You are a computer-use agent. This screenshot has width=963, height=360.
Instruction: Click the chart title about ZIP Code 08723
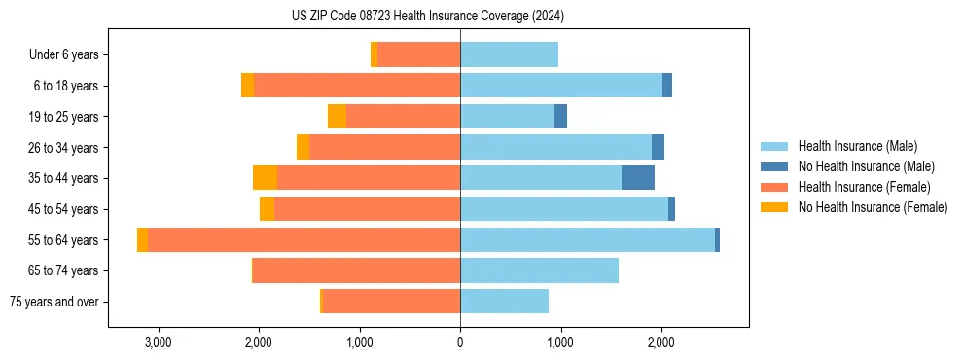click(427, 17)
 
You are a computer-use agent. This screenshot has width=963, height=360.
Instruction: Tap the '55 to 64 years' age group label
click(62, 240)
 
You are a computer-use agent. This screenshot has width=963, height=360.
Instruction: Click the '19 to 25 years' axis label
click(62, 117)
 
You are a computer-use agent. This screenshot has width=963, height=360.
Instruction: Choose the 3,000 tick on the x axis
click(158, 342)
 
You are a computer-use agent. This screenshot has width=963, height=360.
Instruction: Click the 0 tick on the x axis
click(460, 342)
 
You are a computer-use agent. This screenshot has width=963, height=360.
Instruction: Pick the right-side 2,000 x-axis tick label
click(661, 342)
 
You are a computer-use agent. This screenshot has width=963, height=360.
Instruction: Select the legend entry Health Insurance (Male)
click(857, 146)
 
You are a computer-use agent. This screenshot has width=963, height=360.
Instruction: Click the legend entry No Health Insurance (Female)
click(873, 207)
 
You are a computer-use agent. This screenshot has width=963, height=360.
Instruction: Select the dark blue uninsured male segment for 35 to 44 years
click(638, 178)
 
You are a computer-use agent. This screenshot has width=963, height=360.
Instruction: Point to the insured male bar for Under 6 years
click(509, 55)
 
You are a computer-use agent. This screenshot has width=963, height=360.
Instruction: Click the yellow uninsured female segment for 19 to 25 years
click(337, 117)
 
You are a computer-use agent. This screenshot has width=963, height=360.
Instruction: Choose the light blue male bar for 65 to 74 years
click(539, 270)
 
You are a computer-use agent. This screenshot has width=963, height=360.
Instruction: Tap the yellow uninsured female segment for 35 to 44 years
click(265, 178)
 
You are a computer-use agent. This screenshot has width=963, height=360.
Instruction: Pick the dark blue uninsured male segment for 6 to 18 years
click(667, 86)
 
